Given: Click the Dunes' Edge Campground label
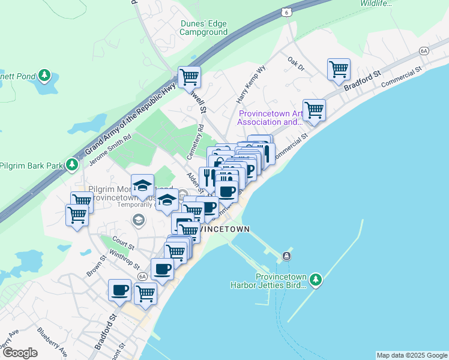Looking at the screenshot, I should pyautogui.click(x=204, y=28).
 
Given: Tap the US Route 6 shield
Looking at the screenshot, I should pyautogui.click(x=288, y=12).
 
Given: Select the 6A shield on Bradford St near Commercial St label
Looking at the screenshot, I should pyautogui.click(x=424, y=52).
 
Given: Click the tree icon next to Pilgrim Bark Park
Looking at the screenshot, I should pyautogui.click(x=73, y=164).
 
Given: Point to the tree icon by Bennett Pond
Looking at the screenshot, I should pyautogui.click(x=44, y=76).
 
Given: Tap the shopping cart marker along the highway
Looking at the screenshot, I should pyautogui.click(x=189, y=77).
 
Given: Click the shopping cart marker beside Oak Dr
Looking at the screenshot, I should pyautogui.click(x=339, y=70).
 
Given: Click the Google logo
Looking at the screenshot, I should pyautogui.click(x=20, y=353).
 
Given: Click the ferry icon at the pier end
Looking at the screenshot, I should pyautogui.click(x=287, y=256).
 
